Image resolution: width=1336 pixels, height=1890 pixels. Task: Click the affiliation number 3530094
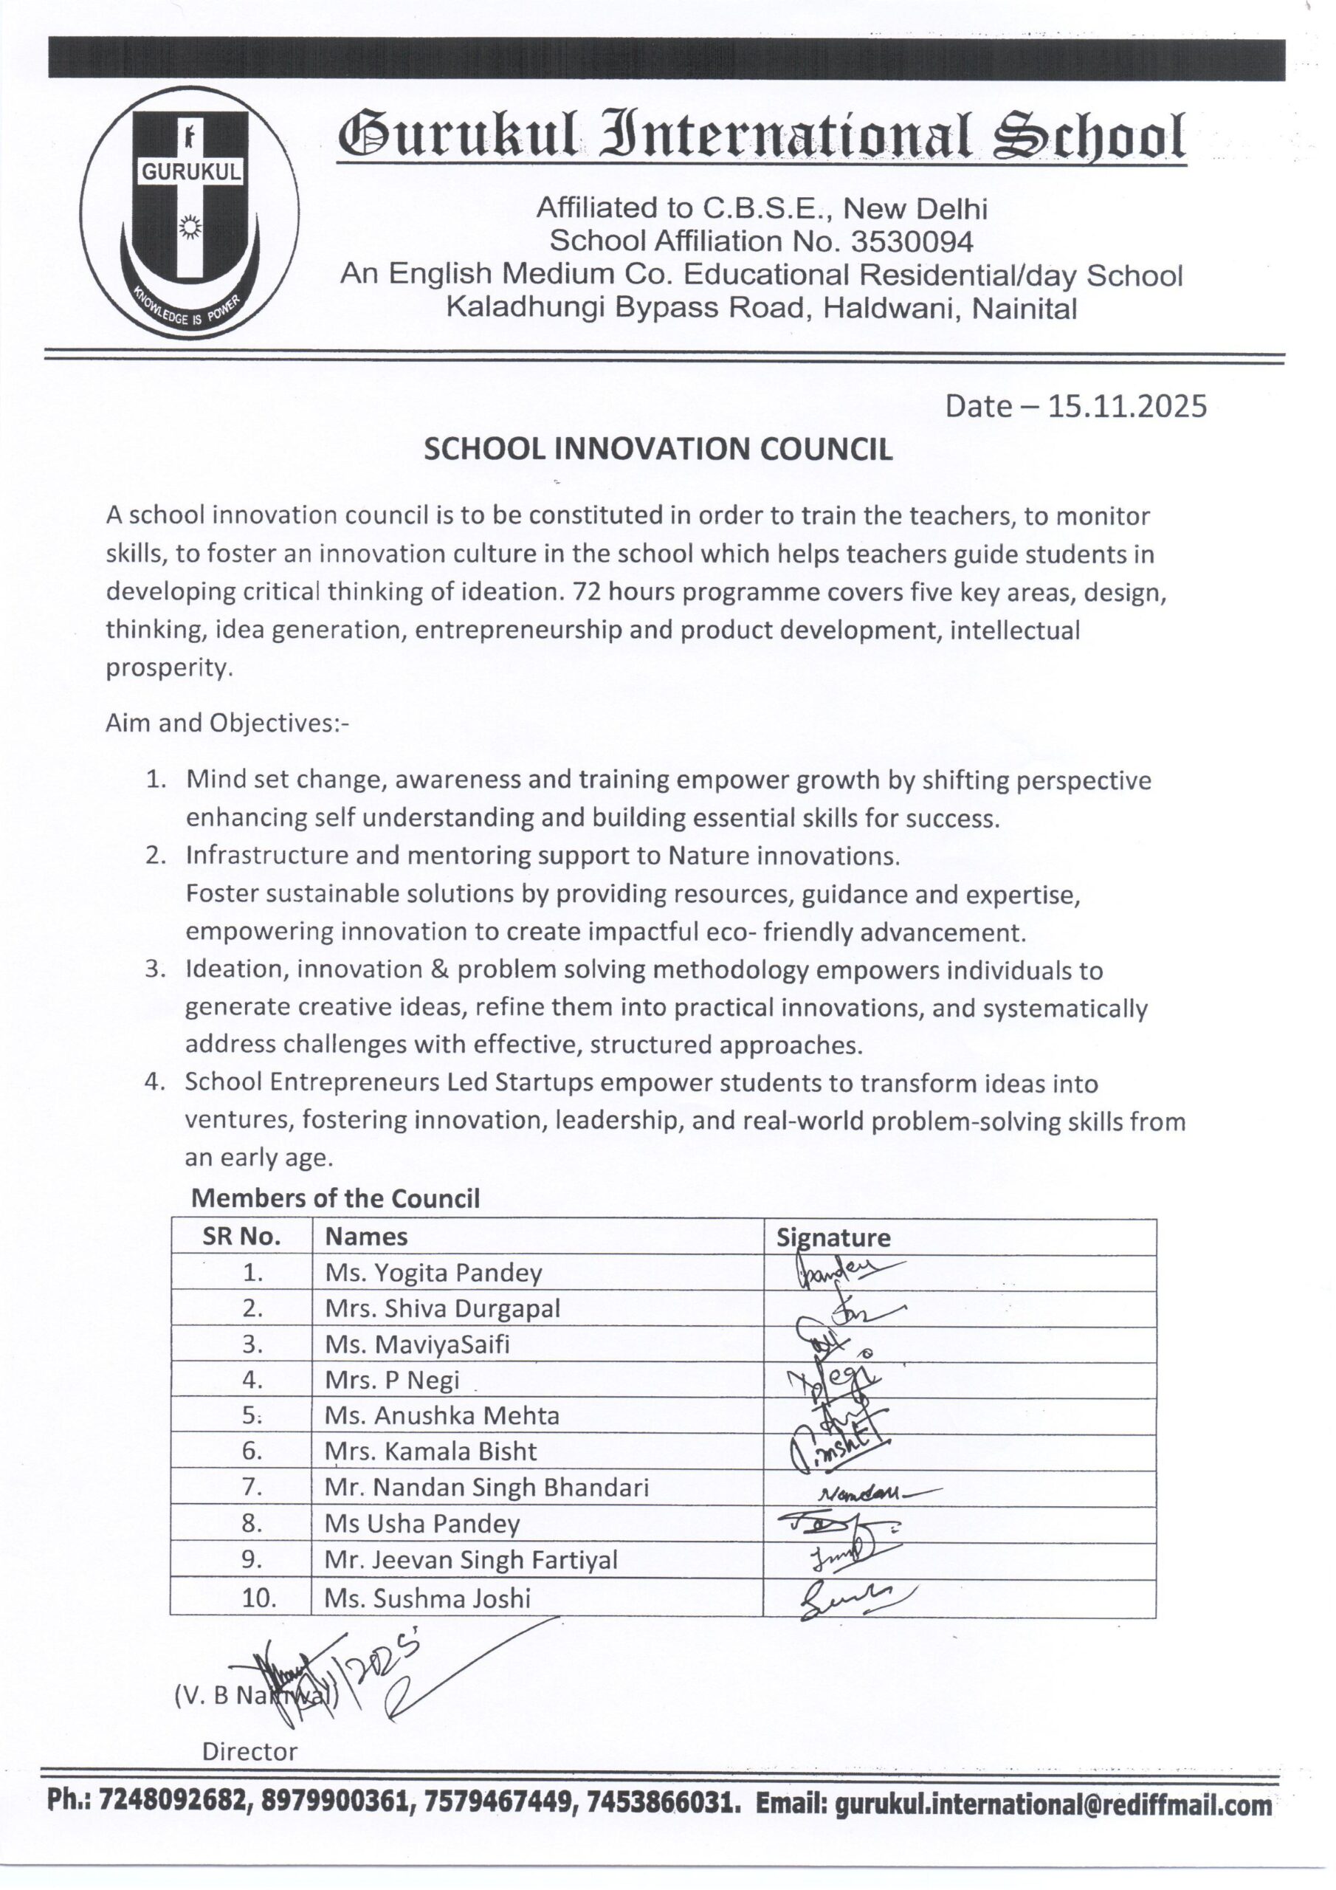point(912,241)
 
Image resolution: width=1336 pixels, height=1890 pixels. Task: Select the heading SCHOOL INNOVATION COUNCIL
point(658,450)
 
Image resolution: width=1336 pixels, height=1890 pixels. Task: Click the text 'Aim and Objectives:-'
point(227,723)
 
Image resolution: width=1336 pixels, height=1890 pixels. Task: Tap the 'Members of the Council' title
point(335,1197)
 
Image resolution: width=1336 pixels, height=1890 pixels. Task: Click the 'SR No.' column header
point(242,1237)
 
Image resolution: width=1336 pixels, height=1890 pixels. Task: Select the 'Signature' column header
point(833,1238)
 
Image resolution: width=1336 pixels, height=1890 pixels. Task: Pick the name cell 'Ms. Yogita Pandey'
point(433,1273)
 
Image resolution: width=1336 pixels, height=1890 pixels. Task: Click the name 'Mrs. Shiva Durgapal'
point(442,1309)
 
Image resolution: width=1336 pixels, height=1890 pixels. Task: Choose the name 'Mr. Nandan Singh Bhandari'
point(486,1488)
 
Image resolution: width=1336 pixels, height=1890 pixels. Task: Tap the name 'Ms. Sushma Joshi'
point(427,1598)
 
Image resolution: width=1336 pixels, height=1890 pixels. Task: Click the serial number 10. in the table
point(258,1598)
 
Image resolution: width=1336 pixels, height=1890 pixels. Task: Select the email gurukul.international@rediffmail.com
point(1053,1807)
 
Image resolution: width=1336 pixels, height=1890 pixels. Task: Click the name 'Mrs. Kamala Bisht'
point(430,1451)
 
